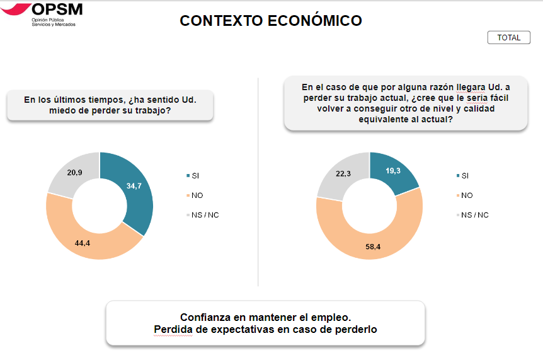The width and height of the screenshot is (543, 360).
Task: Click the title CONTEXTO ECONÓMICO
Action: (271, 21)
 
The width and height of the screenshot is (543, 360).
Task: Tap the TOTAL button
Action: (508, 38)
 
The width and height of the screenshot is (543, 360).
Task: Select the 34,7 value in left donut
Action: (134, 186)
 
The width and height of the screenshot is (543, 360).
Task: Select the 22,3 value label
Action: (343, 174)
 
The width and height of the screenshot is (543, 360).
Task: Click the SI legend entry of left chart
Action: (195, 176)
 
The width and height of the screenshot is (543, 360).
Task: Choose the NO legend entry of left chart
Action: (197, 195)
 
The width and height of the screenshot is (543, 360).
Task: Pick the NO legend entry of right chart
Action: (467, 195)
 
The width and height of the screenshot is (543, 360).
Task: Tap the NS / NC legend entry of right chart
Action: (474, 215)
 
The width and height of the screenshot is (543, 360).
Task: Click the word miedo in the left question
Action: (64, 111)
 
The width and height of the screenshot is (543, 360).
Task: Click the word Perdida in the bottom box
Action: (172, 329)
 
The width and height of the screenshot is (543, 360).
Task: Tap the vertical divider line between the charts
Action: (258, 183)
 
